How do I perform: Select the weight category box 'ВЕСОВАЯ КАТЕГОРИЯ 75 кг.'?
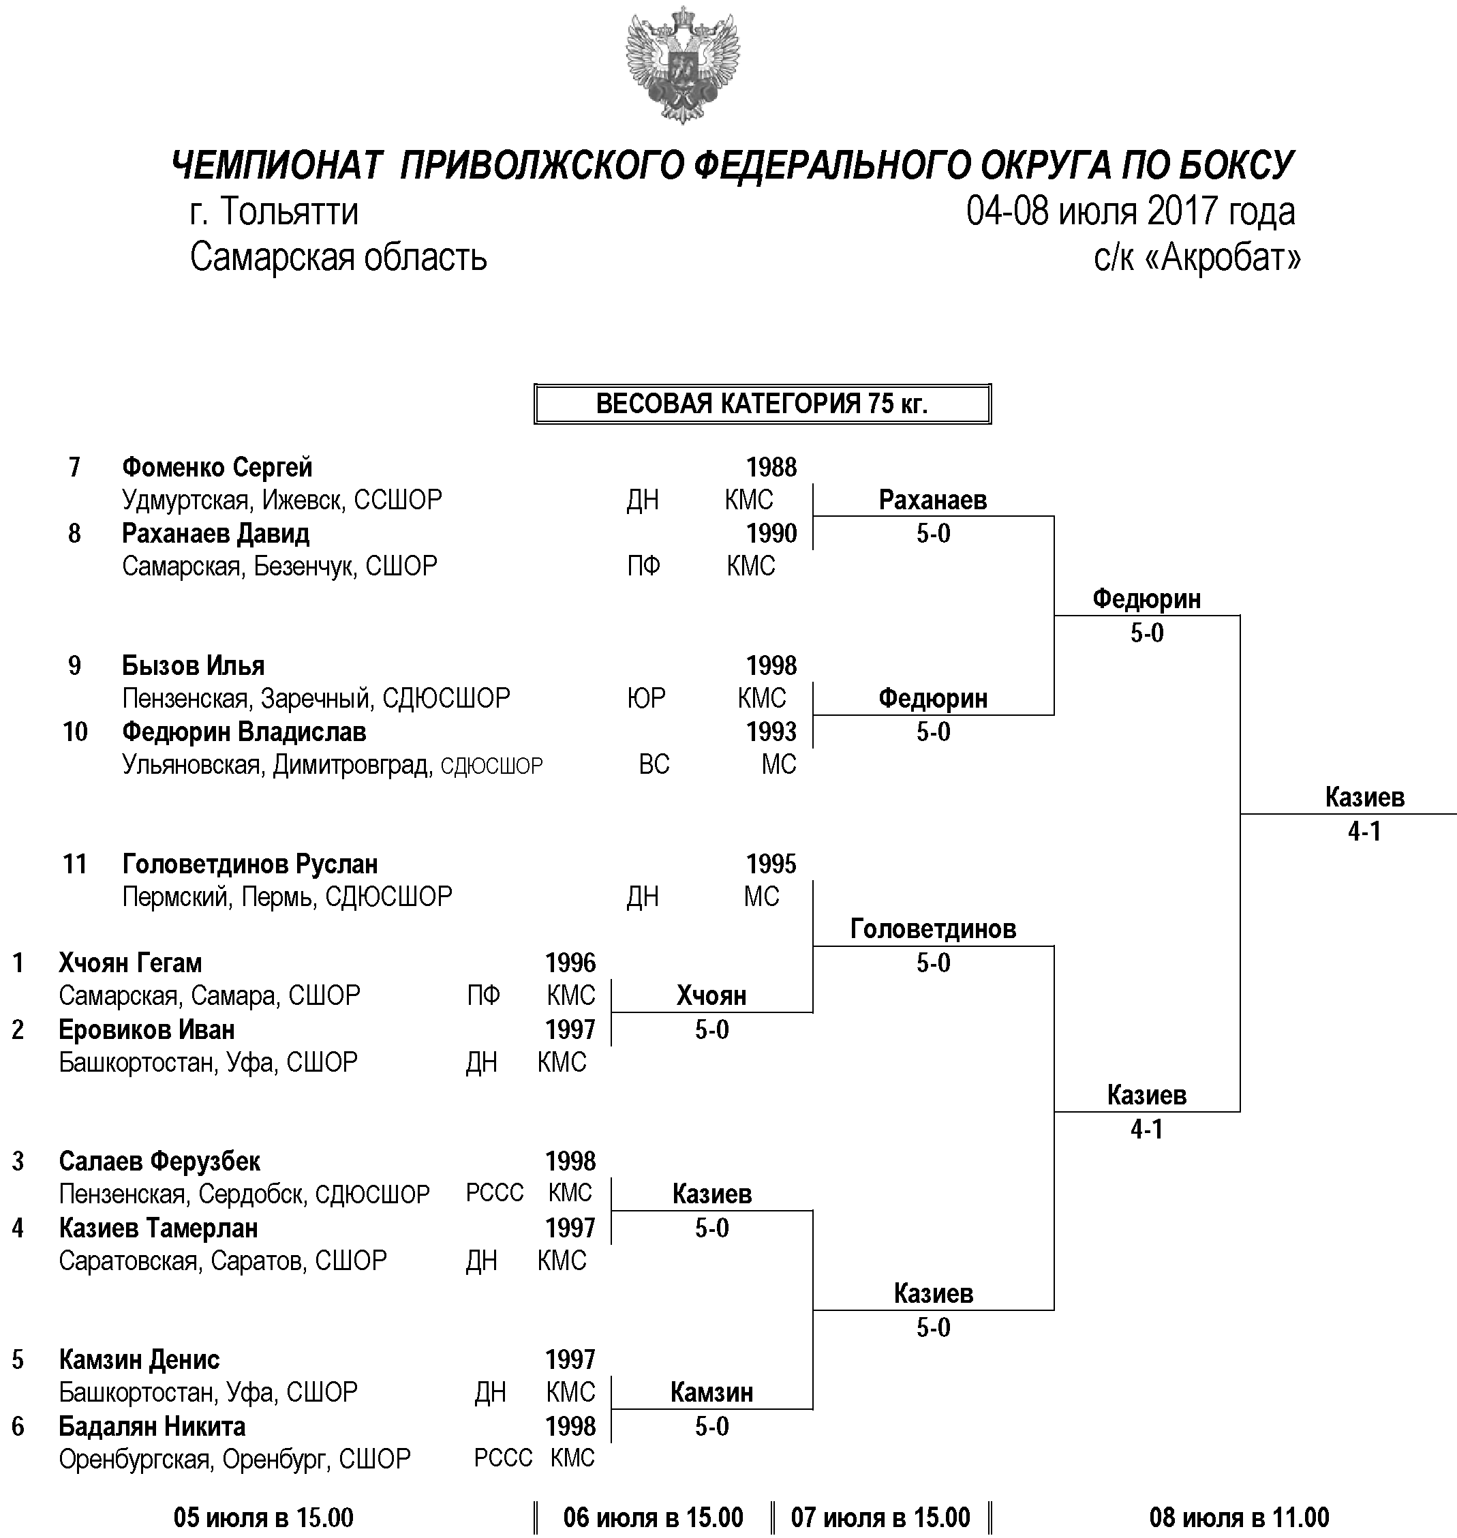[x=762, y=404]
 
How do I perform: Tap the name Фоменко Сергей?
[x=217, y=468]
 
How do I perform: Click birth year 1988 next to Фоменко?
[x=771, y=468]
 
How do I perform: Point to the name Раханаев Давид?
[x=215, y=534]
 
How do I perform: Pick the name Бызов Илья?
[x=193, y=665]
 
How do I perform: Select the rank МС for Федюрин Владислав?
[x=779, y=764]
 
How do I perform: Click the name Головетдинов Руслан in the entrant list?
[x=250, y=864]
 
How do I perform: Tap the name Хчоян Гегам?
[x=129, y=963]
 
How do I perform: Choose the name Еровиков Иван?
[x=146, y=1030]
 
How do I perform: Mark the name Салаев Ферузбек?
[x=159, y=1161]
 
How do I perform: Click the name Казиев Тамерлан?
[x=158, y=1228]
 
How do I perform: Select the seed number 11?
[x=74, y=864]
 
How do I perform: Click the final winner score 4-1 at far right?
[x=1364, y=832]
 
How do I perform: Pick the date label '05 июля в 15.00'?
[x=263, y=1517]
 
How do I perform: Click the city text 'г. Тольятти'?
[x=274, y=211]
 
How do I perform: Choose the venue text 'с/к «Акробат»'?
[x=1197, y=257]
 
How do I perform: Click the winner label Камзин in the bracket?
[x=711, y=1393]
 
